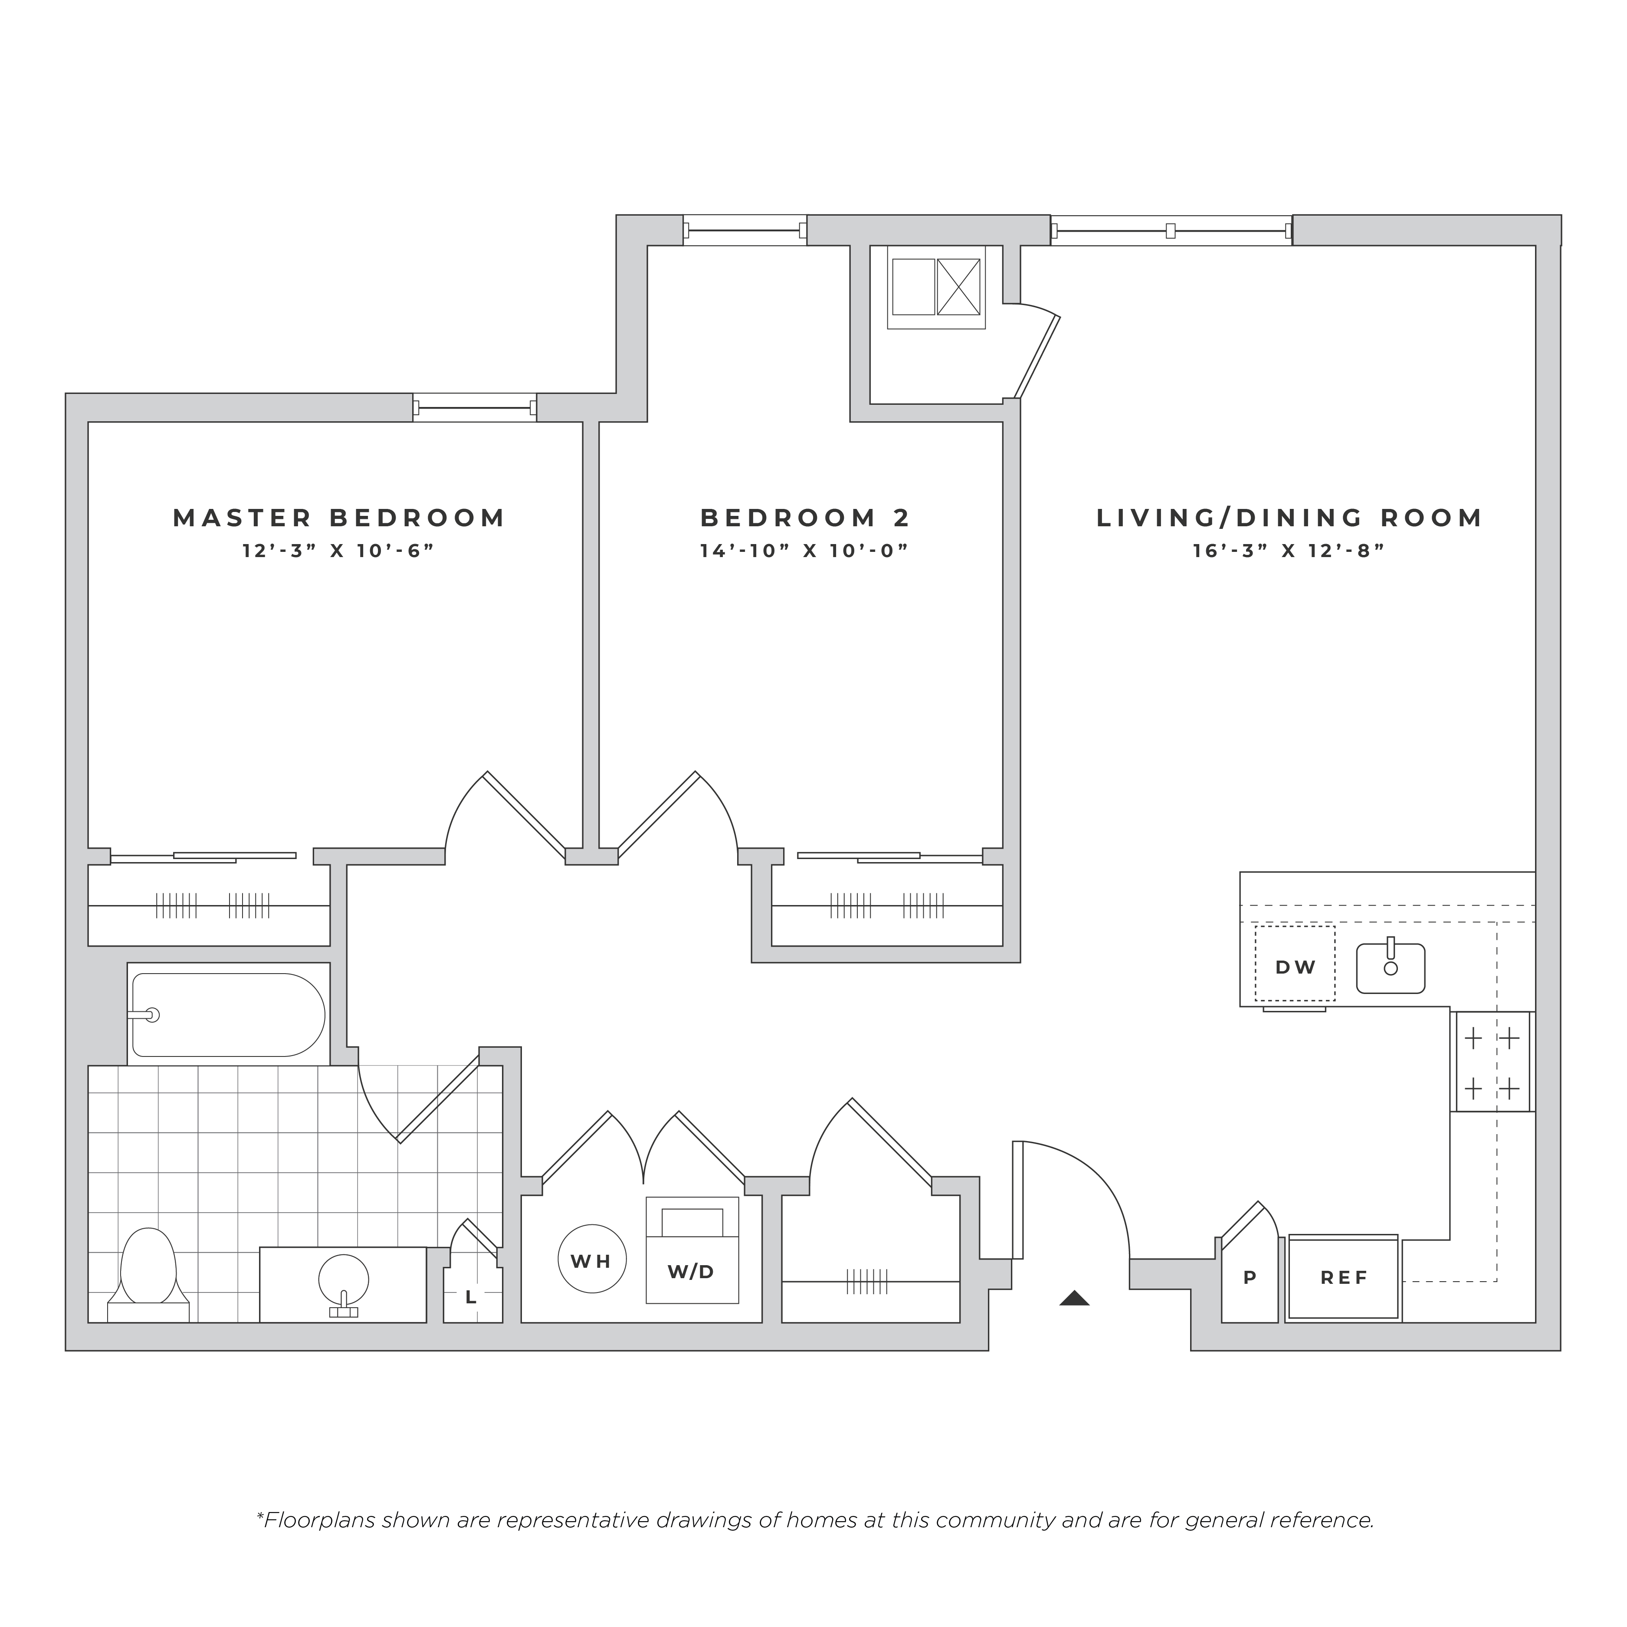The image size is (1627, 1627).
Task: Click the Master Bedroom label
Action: point(339,518)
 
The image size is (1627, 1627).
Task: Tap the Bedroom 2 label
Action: point(806,518)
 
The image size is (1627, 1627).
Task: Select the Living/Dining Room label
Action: point(1289,518)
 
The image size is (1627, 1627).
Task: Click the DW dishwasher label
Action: point(1295,968)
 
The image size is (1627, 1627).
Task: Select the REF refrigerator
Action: point(1344,1277)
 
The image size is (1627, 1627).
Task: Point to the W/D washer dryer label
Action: point(692,1272)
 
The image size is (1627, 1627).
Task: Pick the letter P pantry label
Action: point(1250,1277)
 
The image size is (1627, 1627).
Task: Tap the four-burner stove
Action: point(1492,1062)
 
